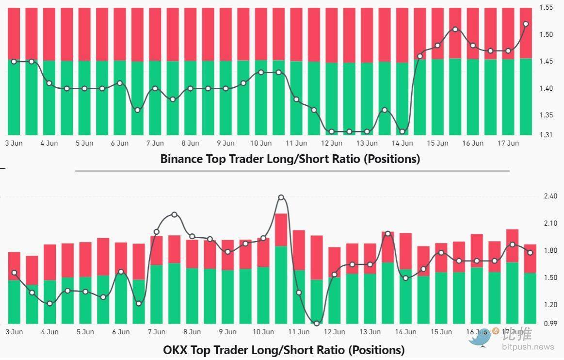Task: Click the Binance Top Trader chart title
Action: coord(290,159)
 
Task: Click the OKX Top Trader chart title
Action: coord(284,349)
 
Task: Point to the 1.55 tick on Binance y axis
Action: coord(547,8)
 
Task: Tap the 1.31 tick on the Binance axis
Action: coord(547,134)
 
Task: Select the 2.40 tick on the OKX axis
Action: coord(551,196)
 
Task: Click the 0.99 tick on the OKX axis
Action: coord(551,323)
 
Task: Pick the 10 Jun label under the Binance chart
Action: coord(261,143)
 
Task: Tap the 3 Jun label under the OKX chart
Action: coord(14,332)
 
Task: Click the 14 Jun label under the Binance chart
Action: coord(402,143)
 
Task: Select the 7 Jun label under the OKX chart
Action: coord(157,332)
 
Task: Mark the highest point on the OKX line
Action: coord(281,197)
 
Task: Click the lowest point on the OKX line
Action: coord(317,323)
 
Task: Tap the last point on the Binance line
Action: coord(526,24)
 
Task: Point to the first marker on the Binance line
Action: coord(14,62)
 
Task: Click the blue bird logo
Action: coord(480,338)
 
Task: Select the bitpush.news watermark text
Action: coord(528,347)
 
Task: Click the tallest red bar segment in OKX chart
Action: coord(317,257)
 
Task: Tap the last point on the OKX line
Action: coord(530,253)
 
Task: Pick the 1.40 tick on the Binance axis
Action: coord(547,88)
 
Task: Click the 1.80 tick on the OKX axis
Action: coord(551,251)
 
